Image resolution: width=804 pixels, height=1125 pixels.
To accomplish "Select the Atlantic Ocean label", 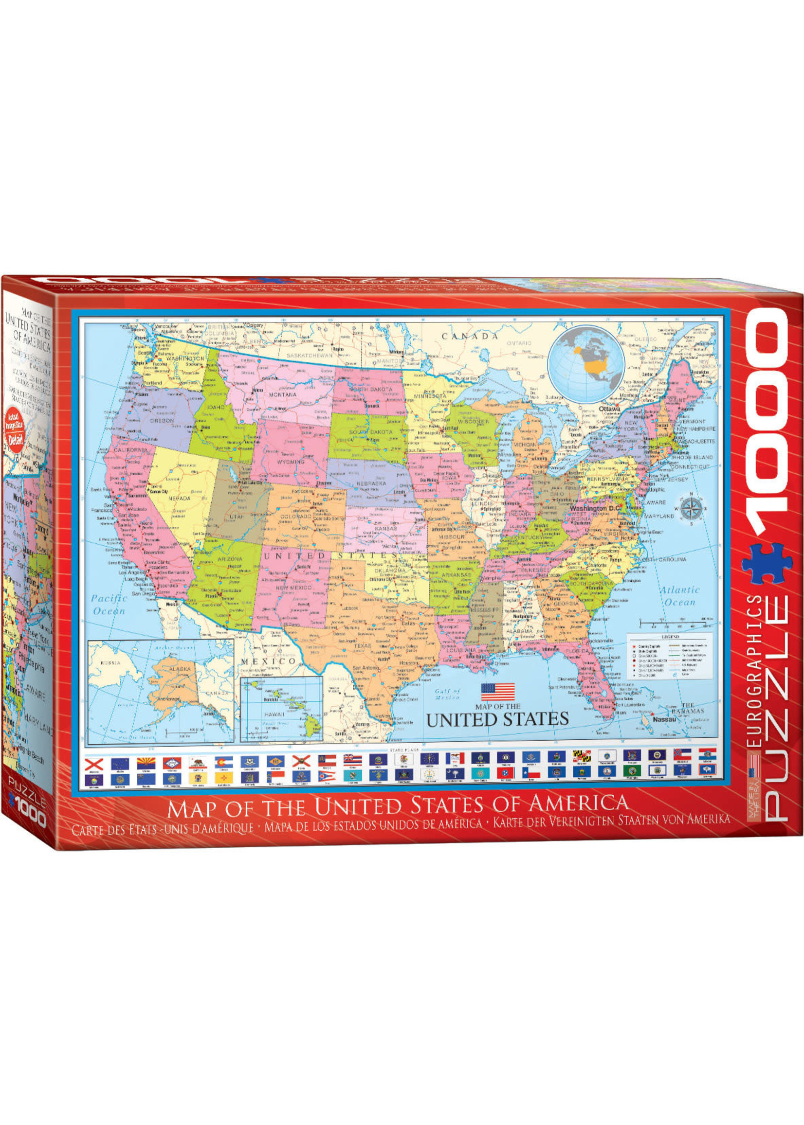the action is (680, 596).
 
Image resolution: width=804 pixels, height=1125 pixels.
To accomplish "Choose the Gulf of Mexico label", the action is (448, 694).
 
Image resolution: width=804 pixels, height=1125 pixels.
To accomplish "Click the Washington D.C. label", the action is (595, 509).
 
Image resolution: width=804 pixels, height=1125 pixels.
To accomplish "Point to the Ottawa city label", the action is (609, 410).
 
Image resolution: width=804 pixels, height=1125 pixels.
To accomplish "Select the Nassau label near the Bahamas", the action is (664, 719).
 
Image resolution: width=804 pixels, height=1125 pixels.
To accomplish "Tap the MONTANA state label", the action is (283, 395).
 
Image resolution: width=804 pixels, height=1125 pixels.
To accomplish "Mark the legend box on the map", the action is (669, 657).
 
